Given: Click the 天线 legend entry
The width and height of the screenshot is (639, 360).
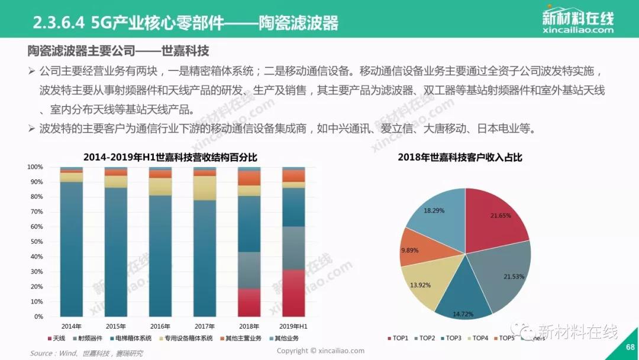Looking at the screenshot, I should tap(57, 338).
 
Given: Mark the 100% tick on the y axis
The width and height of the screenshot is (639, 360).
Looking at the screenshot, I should tap(35, 167).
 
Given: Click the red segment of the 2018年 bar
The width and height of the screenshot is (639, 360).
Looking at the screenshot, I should tap(249, 303).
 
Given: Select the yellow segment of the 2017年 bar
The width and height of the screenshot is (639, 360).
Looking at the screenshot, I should tap(205, 188).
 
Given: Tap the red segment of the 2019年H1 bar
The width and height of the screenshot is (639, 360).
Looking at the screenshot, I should tap(293, 293).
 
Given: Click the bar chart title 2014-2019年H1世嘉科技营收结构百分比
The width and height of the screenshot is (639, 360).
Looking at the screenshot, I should tap(170, 157).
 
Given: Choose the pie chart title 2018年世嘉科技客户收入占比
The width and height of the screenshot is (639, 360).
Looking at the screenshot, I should tap(460, 157).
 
